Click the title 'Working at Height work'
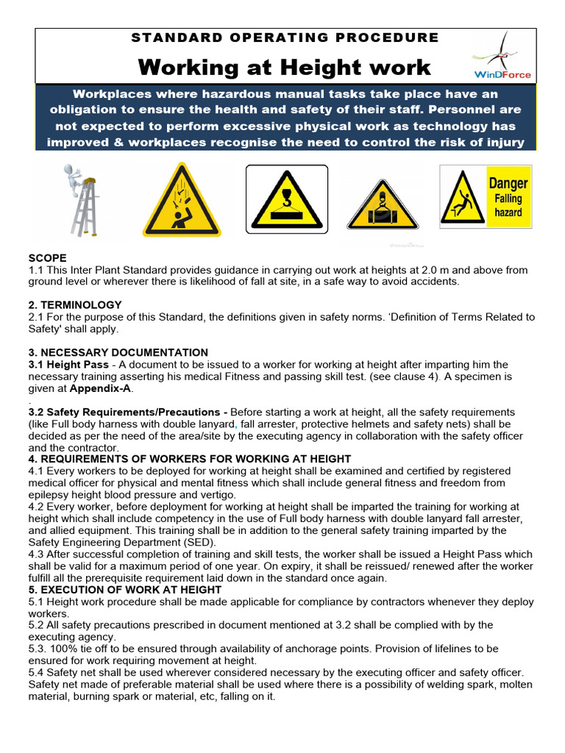coord(284,68)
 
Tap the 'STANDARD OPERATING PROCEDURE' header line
coord(284,38)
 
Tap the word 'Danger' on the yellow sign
coord(508,183)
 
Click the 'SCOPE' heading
coord(47,258)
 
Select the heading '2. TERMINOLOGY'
coord(75,304)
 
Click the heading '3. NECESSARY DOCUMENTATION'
coord(118,352)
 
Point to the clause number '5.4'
coord(37,673)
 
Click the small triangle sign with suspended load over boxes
coord(383,206)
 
